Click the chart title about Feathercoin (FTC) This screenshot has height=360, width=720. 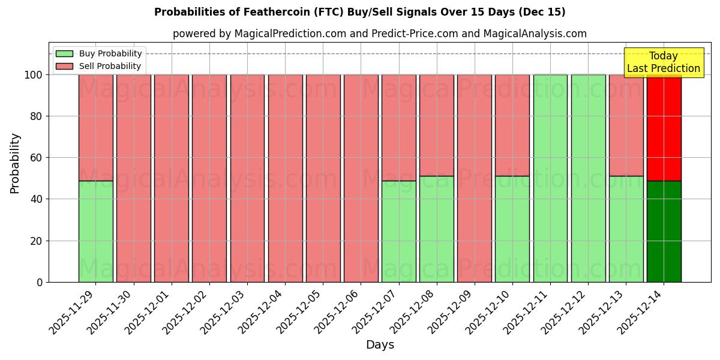[359, 12]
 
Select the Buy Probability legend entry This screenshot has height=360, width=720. [99, 53]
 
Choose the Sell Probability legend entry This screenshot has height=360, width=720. [99, 66]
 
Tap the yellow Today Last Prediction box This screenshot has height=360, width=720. [663, 62]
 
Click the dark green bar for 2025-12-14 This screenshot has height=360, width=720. [664, 231]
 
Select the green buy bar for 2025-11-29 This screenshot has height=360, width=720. [95, 231]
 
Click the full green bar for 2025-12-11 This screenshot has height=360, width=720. [550, 178]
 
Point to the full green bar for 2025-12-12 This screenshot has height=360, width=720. [588, 178]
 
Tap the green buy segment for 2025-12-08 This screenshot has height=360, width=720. [436, 229]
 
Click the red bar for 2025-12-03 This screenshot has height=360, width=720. [247, 178]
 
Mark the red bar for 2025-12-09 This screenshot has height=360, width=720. [474, 178]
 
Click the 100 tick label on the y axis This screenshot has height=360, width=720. [34, 75]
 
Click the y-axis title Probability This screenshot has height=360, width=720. [15, 163]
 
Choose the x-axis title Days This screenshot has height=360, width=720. [380, 345]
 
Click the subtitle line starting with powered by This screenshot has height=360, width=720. [379, 34]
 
